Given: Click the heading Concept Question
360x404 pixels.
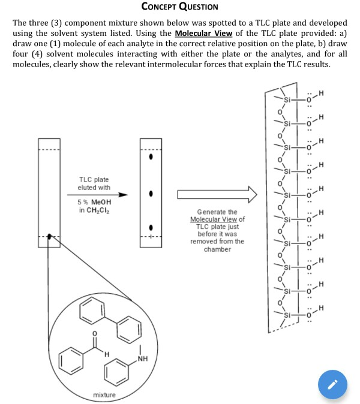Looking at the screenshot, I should pos(179,7).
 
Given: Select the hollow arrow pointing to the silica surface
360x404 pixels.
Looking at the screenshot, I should pos(217,194).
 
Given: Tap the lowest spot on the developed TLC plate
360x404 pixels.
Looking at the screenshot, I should pos(151,228).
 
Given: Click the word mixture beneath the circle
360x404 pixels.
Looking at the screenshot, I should pos(105,394).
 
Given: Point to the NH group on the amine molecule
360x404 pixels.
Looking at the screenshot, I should pos(142,359).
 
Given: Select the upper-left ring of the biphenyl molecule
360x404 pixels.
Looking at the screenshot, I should pos(94,311).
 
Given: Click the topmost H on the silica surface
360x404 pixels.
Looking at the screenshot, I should pos(322,91).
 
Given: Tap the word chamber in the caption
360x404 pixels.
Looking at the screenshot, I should pos(217,249).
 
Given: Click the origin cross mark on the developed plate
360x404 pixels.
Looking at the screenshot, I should pos(151,237).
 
